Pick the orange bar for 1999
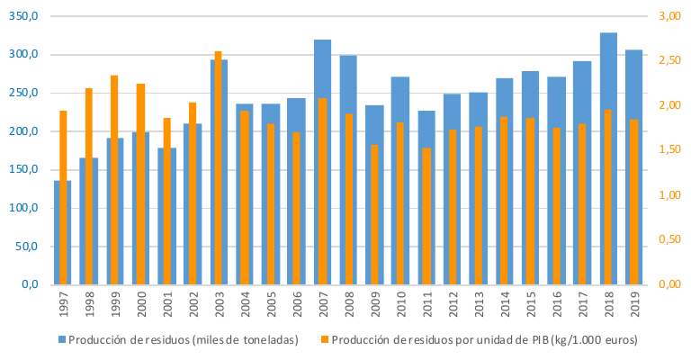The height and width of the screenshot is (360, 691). click(114, 180)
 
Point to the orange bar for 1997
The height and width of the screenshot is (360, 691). click(63, 198)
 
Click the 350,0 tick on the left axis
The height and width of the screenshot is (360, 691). click(25, 17)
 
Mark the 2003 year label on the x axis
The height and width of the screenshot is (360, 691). click(219, 308)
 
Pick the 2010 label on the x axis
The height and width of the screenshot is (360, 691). click(400, 308)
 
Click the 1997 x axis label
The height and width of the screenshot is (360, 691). click(63, 308)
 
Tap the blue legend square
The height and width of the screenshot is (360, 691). click(62, 340)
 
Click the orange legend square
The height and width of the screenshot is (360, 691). click(324, 340)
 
